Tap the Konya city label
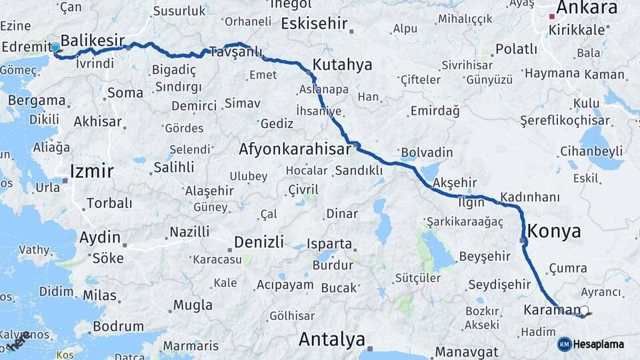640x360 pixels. [554, 231]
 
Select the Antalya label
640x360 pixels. [331, 339]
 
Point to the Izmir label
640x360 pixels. [91, 172]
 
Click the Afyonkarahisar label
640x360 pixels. [295, 149]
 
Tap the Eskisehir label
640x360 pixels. [315, 24]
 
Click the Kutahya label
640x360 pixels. [342, 65]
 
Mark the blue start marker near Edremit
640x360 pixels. [55, 47]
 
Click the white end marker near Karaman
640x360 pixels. [585, 310]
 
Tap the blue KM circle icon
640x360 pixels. [564, 344]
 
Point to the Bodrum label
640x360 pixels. [118, 327]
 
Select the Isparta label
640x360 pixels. [329, 243]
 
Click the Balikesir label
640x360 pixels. [93, 41]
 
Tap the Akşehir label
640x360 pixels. [456, 182]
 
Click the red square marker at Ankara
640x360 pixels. [552, 15]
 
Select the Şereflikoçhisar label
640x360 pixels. [565, 121]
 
